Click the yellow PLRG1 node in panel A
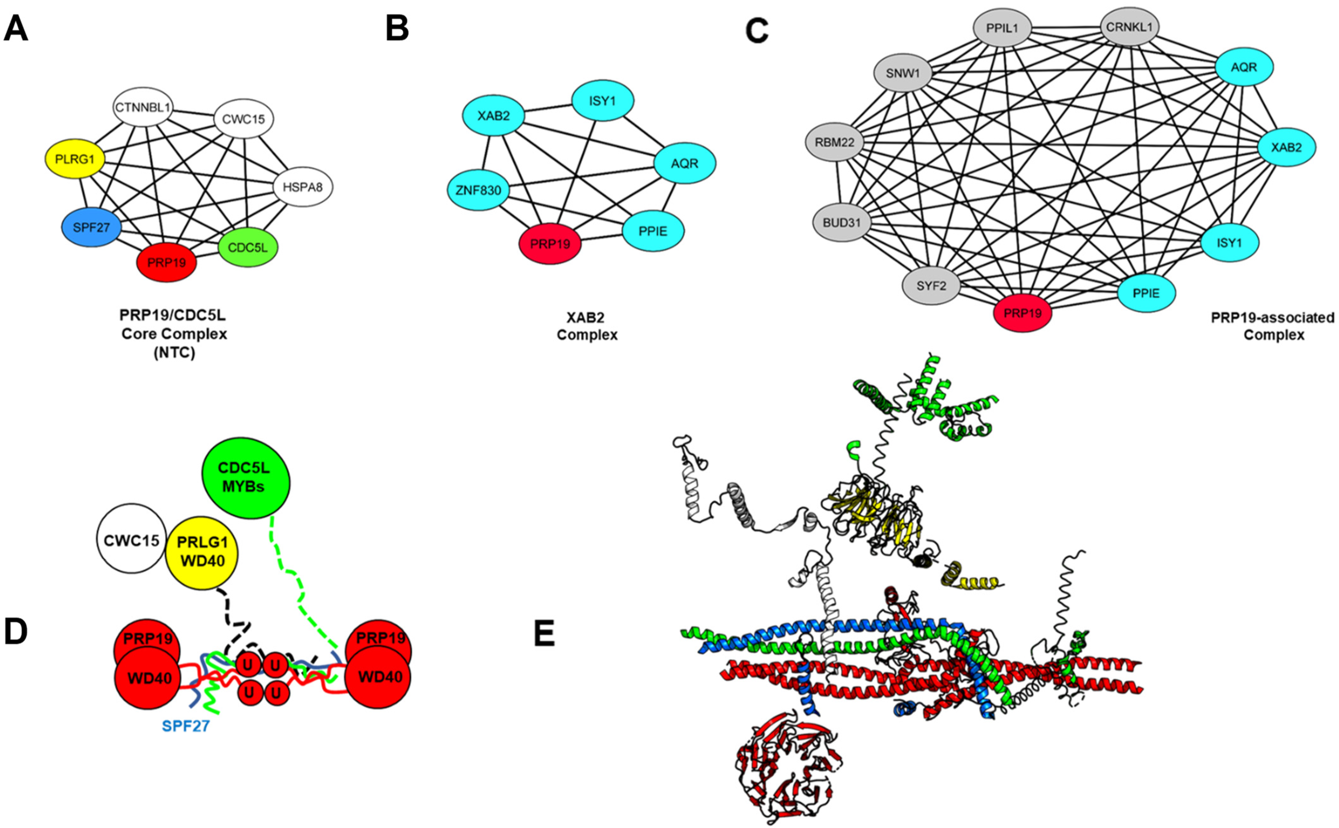[75, 159]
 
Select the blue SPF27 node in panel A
[91, 227]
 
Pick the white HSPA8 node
[303, 187]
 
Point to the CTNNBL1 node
[143, 107]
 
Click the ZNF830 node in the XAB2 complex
[478, 190]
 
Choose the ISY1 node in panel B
[603, 101]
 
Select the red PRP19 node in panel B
[550, 244]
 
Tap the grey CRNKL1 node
[1129, 26]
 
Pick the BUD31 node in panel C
[842, 222]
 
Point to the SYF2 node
[931, 285]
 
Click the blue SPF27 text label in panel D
[186, 726]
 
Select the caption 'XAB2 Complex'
[587, 326]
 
